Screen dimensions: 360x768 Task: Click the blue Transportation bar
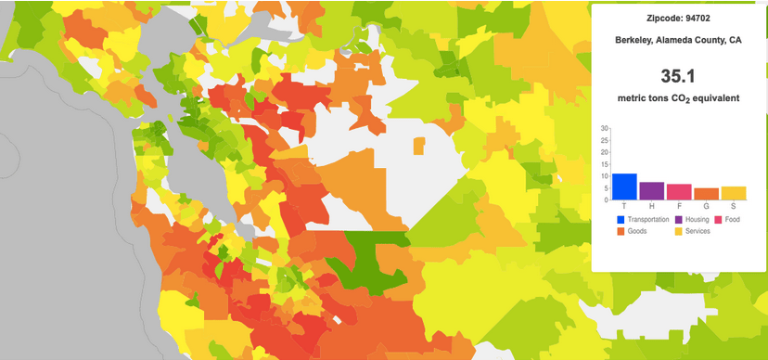(x=624, y=186)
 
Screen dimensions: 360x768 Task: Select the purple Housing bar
(x=651, y=191)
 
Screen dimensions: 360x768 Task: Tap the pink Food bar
(x=679, y=192)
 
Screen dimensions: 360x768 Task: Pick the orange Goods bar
(x=706, y=194)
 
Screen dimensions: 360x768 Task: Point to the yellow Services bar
(x=734, y=193)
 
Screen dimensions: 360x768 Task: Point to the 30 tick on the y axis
(x=604, y=128)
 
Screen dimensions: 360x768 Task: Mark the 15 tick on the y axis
(x=604, y=164)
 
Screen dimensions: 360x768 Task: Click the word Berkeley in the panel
(x=635, y=40)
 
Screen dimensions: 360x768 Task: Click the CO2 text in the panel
(x=679, y=98)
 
